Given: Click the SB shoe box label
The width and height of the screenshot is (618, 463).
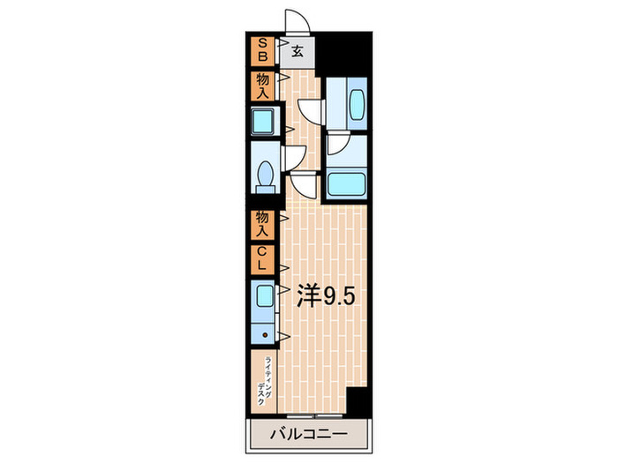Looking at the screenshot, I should [261, 50].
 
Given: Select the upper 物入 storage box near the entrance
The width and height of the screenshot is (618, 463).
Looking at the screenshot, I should [262, 86].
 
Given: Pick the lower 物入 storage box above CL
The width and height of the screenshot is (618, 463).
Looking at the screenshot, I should [262, 225].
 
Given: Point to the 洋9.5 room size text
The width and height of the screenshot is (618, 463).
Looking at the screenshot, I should [326, 296].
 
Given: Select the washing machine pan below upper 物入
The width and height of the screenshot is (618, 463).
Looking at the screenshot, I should [262, 122].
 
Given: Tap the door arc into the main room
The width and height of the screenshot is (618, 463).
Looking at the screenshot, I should [303, 184].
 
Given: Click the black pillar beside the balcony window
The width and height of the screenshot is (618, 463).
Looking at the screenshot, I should [356, 400].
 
